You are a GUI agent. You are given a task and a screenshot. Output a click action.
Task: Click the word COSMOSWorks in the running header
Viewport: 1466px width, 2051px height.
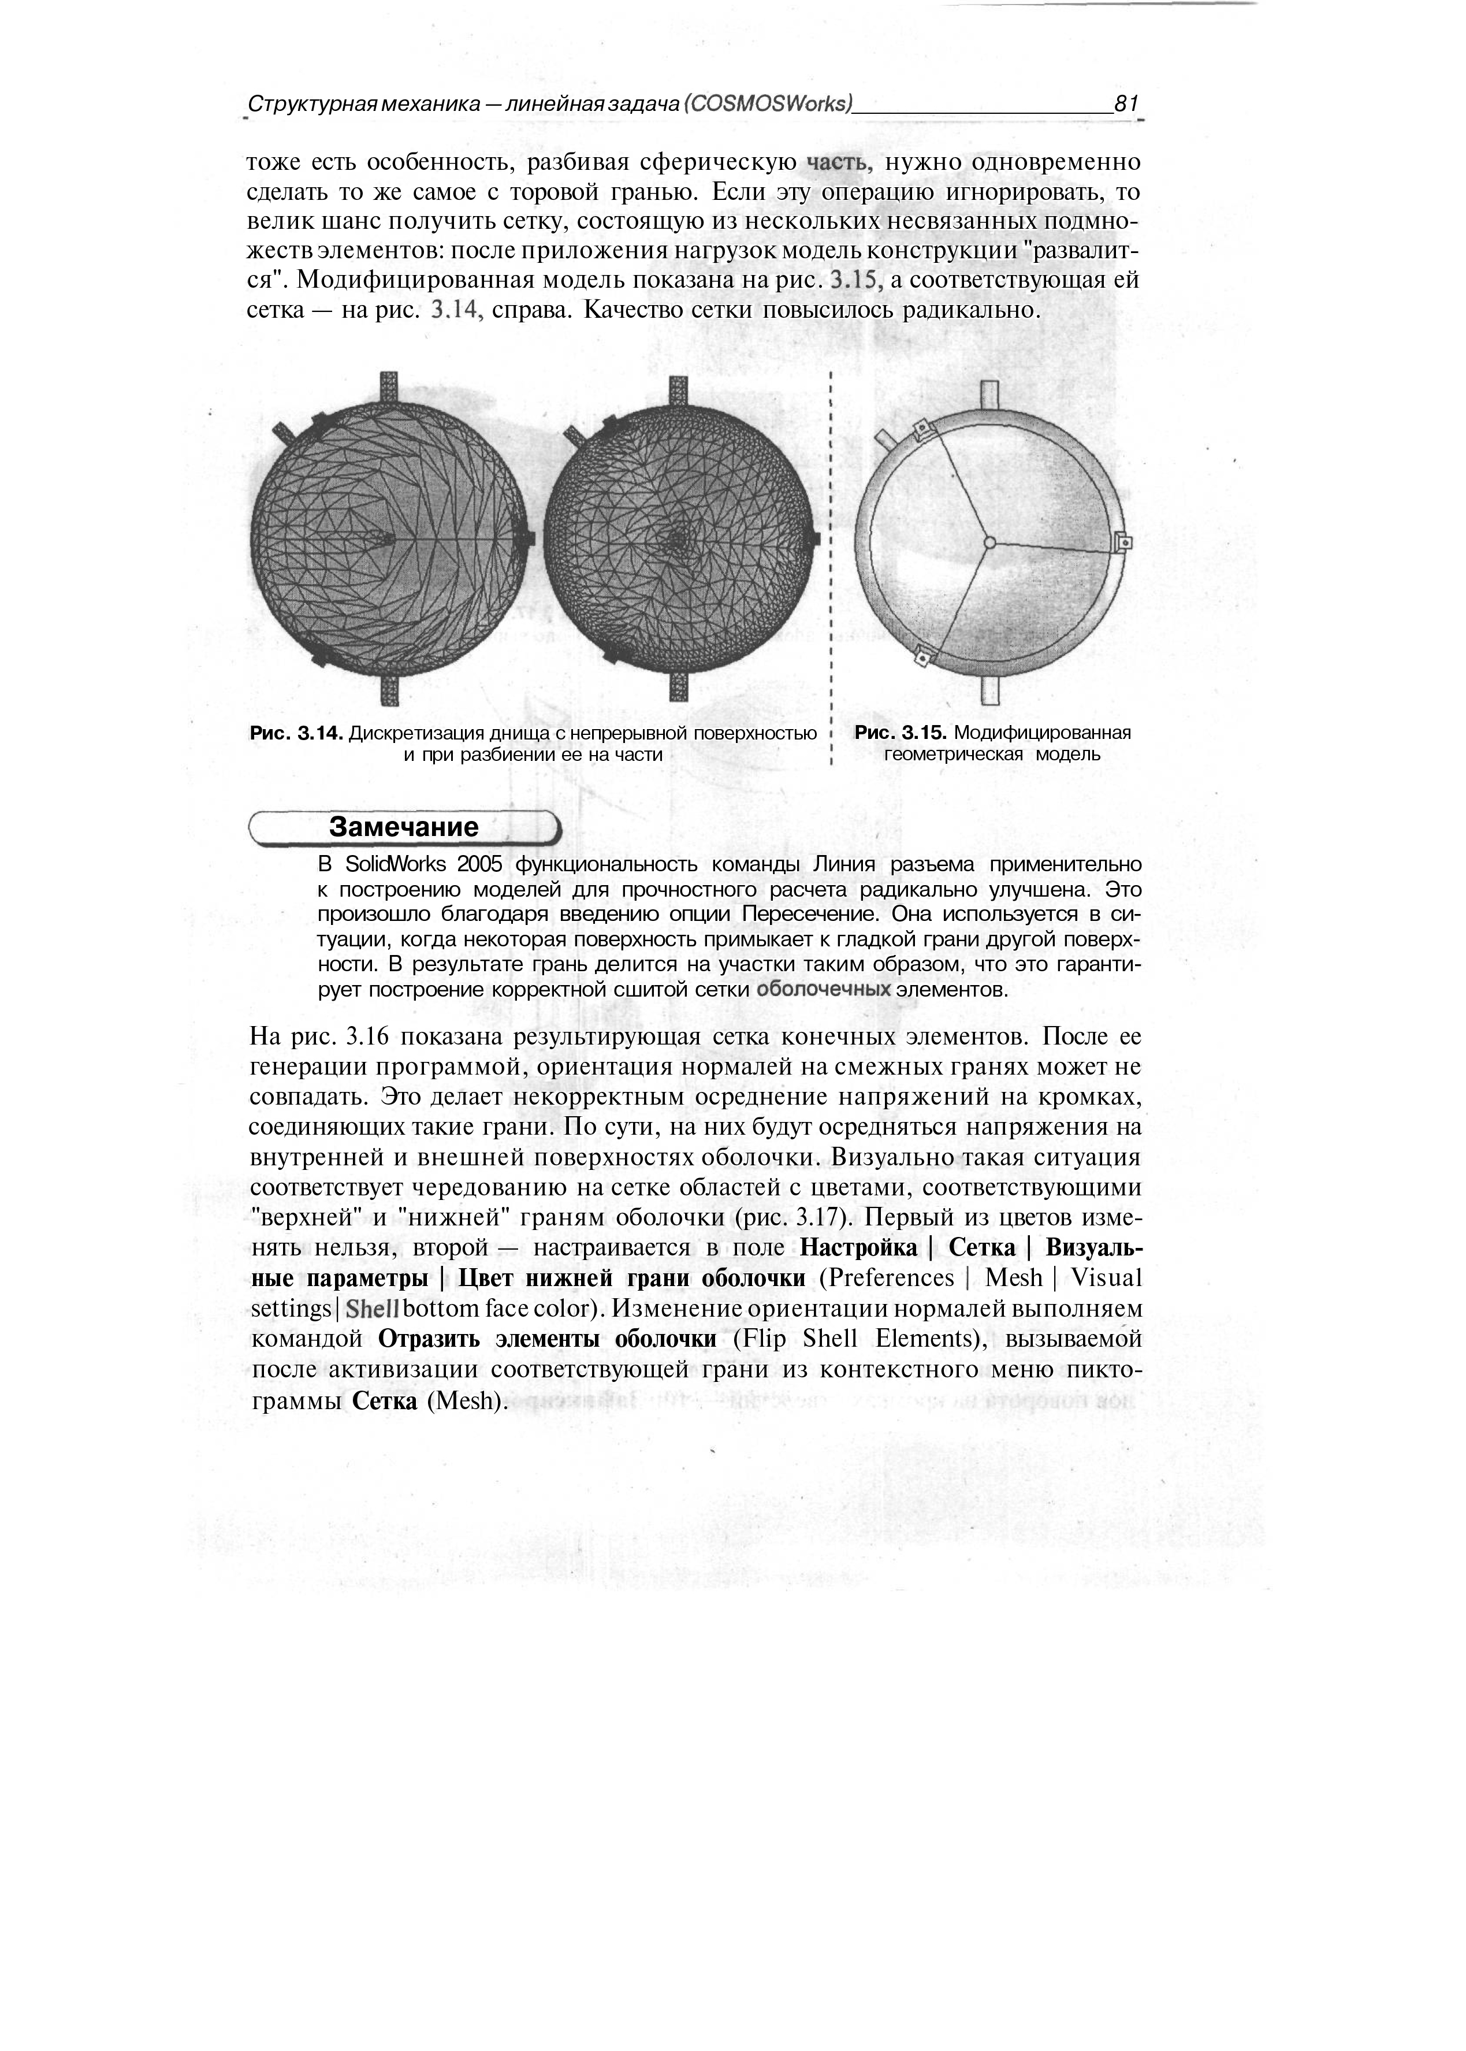pos(773,104)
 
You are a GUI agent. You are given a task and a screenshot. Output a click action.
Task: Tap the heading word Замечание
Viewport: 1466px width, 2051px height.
pos(403,827)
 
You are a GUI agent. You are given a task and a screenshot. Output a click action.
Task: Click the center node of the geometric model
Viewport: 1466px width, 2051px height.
pos(989,543)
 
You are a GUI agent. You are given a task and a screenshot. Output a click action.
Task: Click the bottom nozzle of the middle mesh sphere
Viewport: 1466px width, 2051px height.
pos(679,686)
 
